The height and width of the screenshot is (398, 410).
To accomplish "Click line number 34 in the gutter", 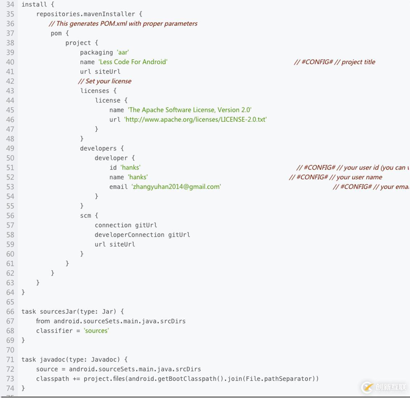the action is point(10,4).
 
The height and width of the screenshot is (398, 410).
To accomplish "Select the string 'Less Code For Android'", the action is point(133,62).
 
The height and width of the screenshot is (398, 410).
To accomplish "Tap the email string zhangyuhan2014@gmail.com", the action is point(176,187).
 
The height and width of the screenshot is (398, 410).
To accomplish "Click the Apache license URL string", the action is point(196,119).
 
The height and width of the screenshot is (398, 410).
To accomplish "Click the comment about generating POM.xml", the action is point(123,24).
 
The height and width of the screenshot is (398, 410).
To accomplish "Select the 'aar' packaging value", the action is point(123,52).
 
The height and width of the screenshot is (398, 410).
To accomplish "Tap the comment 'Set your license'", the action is point(104,81).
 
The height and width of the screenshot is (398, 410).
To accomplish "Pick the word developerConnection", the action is point(130,235).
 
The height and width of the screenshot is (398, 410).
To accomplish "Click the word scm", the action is point(86,216).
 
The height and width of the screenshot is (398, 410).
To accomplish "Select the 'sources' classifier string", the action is point(96,331).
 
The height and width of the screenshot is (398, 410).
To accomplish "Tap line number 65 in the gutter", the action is point(10,302).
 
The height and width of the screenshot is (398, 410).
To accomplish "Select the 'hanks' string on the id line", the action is point(131,167).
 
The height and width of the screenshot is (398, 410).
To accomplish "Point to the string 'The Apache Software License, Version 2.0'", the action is point(189,110).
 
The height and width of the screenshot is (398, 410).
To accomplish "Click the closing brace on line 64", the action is point(23,292).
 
